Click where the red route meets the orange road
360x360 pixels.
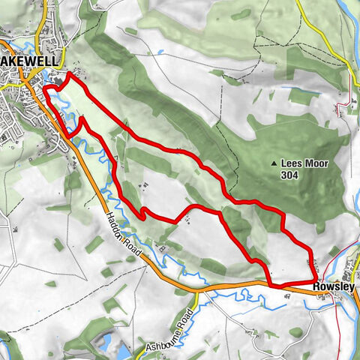(270, 284)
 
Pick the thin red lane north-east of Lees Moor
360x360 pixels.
(346, 105)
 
